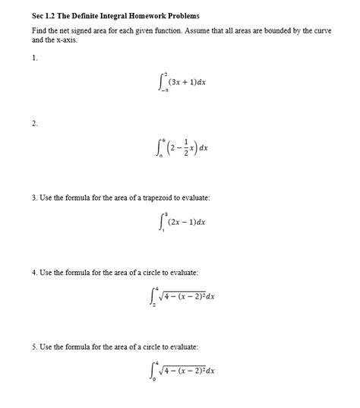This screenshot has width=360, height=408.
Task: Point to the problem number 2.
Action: pos(34,123)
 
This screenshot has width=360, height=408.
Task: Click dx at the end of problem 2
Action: pos(204,160)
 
